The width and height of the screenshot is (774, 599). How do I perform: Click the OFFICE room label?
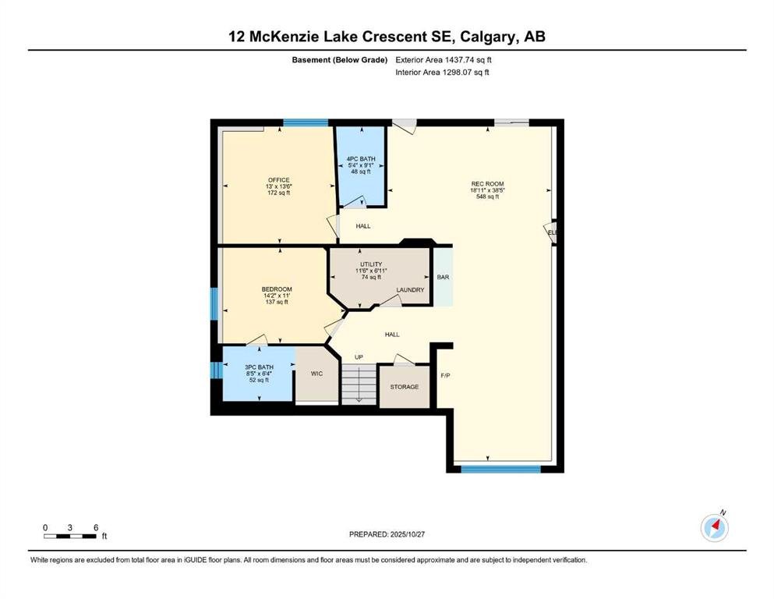click(x=278, y=179)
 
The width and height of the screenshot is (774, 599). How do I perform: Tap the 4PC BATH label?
click(x=361, y=159)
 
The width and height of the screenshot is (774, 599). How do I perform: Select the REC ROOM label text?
click(x=487, y=184)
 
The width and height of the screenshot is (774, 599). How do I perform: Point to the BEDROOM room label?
click(x=277, y=289)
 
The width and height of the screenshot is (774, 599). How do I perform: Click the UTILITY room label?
click(x=371, y=264)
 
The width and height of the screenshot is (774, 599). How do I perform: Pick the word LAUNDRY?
click(x=410, y=290)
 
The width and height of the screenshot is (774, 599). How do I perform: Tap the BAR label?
click(x=443, y=277)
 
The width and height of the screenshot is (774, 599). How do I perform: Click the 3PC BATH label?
click(x=259, y=367)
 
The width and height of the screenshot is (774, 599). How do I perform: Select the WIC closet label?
click(x=316, y=374)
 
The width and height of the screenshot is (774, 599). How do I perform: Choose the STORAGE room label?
click(x=405, y=387)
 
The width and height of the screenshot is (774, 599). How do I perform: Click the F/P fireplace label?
click(x=445, y=375)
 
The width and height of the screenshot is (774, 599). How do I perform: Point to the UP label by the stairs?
click(x=359, y=357)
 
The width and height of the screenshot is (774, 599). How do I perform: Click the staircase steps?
click(x=359, y=385)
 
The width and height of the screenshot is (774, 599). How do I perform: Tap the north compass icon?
click(x=715, y=527)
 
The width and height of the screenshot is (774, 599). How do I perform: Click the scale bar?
click(x=70, y=537)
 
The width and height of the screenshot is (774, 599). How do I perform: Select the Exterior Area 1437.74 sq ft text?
click(x=444, y=60)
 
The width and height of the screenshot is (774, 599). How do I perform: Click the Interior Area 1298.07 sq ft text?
click(x=442, y=72)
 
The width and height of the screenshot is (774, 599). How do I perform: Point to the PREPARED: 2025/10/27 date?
click(x=387, y=534)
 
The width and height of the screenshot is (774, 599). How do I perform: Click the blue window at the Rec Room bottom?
click(x=500, y=469)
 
